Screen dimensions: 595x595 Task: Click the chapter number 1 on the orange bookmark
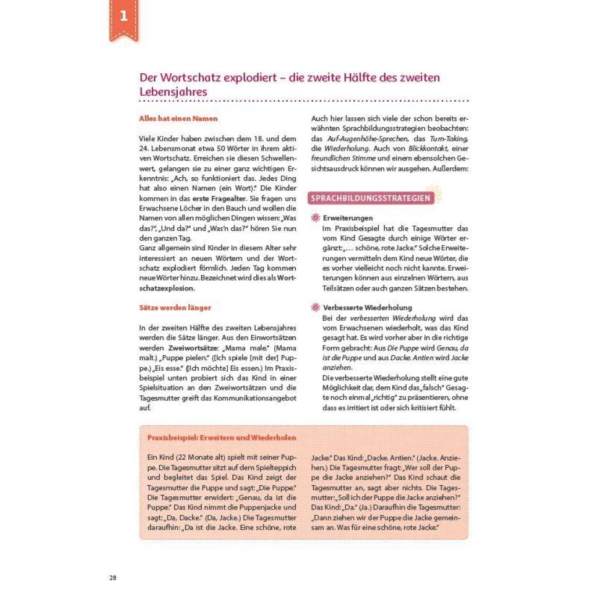[x=123, y=16]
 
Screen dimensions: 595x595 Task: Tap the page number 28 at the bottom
[x=113, y=578]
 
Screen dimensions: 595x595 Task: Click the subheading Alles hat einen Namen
[x=178, y=119]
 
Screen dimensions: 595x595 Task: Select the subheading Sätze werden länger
[x=175, y=307]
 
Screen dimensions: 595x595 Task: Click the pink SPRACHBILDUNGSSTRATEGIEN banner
[x=371, y=198]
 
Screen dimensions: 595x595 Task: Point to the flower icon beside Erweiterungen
[x=316, y=218]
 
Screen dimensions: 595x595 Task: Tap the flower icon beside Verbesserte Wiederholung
[x=316, y=307]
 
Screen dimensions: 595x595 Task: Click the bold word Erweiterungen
[x=348, y=218]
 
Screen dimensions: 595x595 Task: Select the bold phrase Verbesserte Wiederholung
[x=367, y=307]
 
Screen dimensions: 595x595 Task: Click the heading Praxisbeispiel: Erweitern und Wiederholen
[x=221, y=438]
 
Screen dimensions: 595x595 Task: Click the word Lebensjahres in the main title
[x=173, y=92]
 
